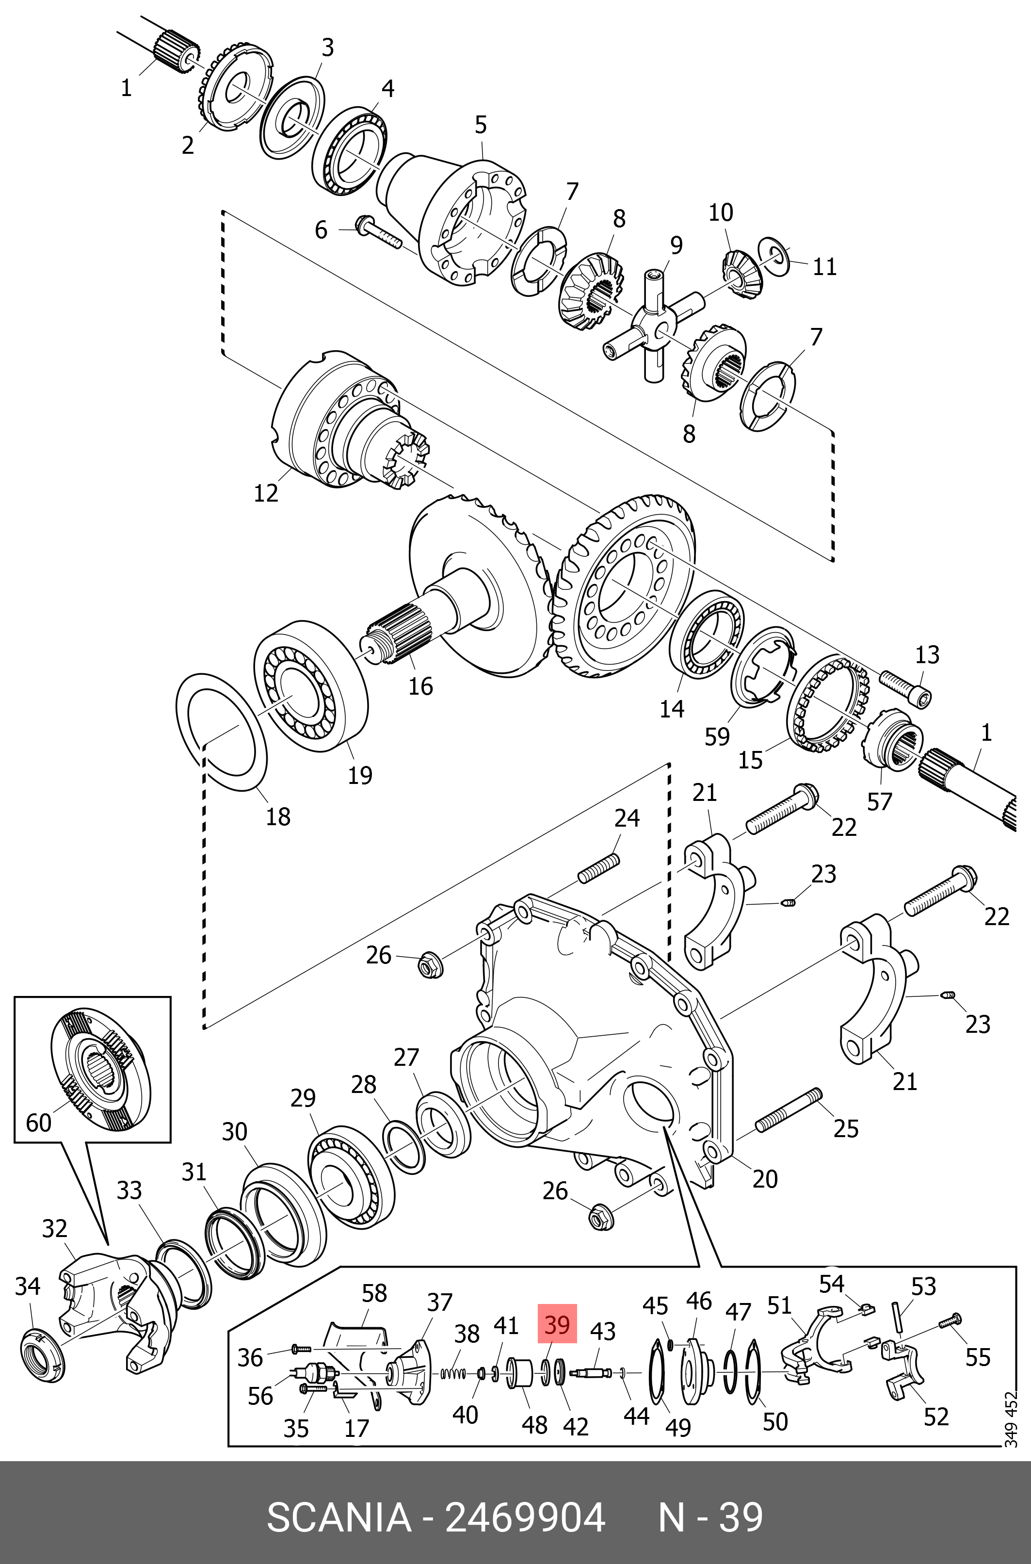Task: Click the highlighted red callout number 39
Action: pos(557,1323)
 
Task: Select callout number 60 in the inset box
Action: pos(38,1122)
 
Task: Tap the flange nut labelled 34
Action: pos(42,1355)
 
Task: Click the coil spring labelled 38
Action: pos(452,1373)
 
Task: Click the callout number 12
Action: pos(266,492)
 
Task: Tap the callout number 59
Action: pos(717,736)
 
